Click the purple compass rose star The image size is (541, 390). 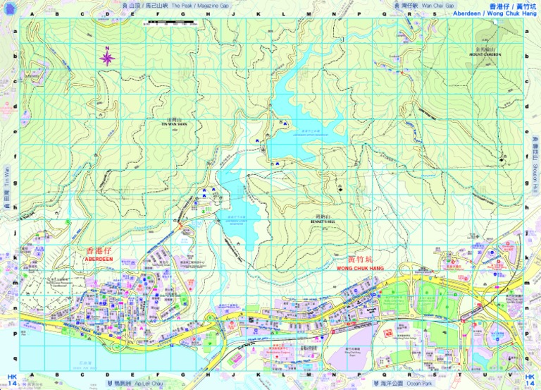107,57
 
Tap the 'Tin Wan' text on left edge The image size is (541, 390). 7,176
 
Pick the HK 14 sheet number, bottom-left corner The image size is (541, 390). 12,380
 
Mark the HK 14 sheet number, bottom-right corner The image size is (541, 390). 530,380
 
